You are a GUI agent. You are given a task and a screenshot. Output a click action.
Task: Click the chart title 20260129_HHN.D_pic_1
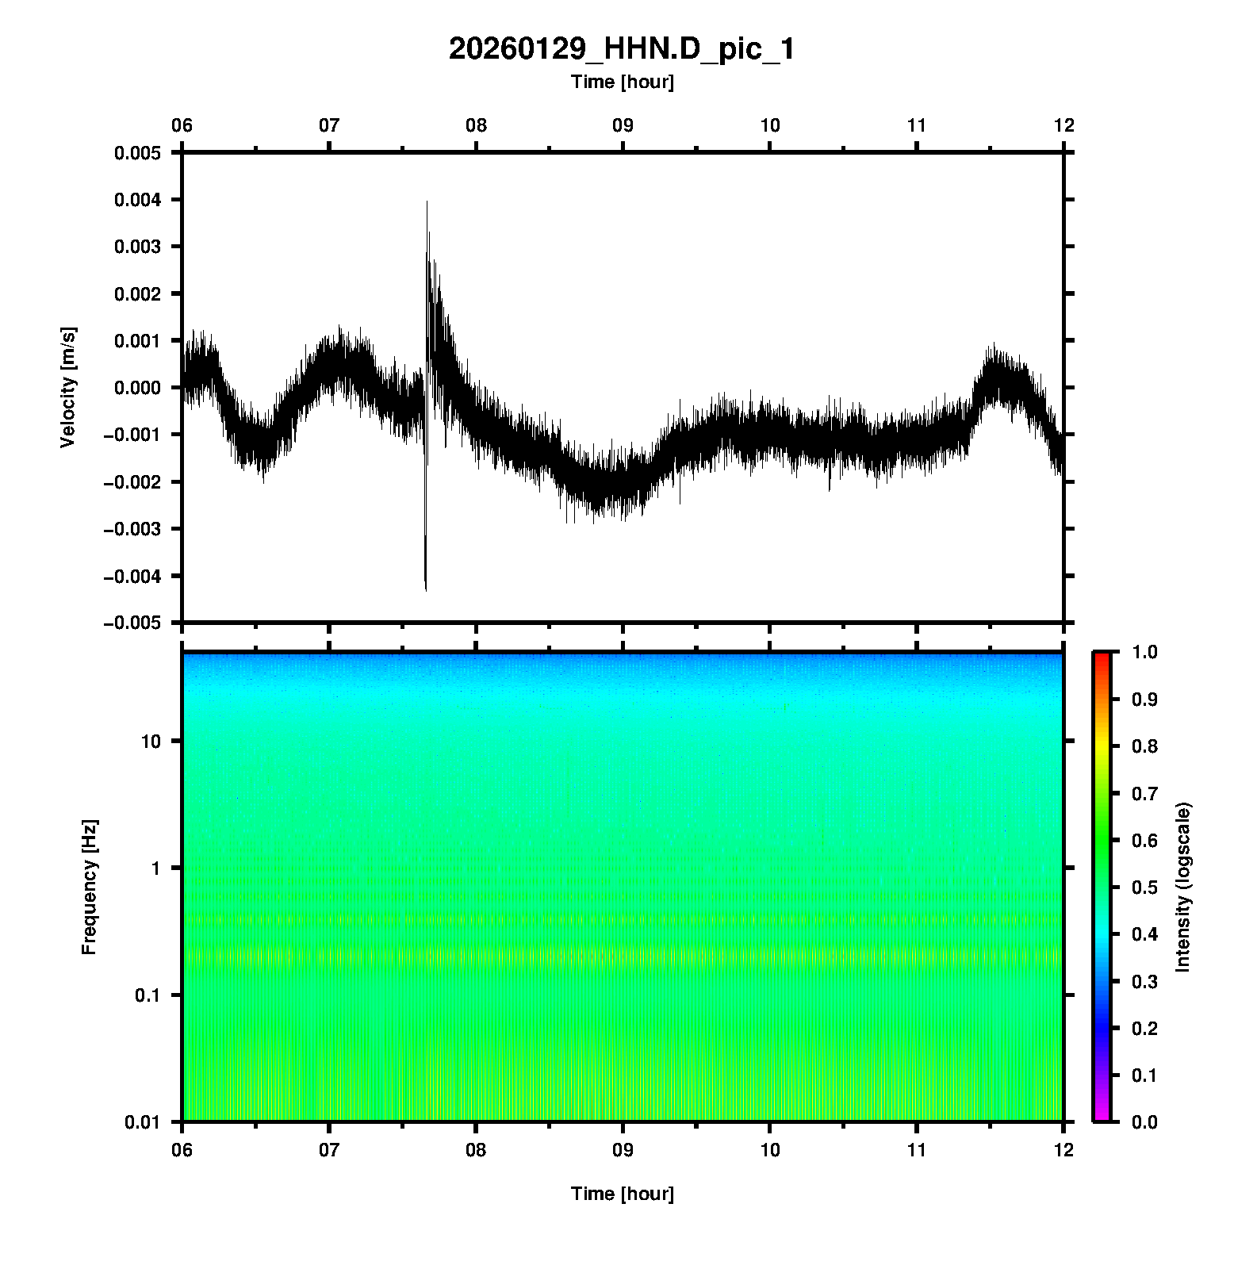[621, 49]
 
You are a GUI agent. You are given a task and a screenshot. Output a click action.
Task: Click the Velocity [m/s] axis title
[69, 387]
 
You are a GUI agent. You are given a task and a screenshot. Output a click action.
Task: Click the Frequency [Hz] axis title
[90, 888]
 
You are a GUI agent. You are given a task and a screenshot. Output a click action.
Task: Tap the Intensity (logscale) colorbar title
[1183, 887]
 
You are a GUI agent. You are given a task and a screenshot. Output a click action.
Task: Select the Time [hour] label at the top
[622, 82]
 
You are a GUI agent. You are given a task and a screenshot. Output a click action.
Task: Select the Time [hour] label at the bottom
[622, 1194]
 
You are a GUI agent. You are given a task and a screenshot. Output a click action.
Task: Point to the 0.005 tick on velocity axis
[137, 153]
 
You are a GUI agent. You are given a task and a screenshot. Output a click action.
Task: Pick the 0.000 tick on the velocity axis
[137, 388]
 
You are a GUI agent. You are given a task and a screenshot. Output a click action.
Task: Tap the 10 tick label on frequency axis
[151, 742]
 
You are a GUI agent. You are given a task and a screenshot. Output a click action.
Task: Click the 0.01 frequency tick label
[144, 1122]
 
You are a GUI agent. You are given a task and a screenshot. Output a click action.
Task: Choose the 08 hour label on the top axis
[476, 125]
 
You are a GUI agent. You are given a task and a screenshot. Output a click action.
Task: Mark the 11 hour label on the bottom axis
[917, 1151]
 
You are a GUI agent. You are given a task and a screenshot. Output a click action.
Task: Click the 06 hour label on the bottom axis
[182, 1151]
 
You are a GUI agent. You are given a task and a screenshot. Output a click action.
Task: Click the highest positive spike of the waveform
[427, 202]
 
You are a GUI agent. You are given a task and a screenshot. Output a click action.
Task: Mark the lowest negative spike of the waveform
[426, 589]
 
